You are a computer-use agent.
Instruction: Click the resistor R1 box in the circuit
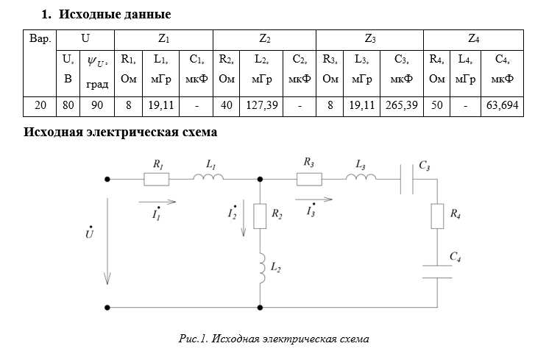point(157,178)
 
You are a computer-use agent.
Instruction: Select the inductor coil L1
point(208,177)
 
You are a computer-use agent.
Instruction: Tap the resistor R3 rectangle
point(309,178)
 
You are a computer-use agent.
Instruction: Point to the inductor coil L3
point(361,177)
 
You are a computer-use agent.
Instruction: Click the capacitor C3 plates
point(405,178)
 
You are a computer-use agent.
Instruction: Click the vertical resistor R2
point(259,216)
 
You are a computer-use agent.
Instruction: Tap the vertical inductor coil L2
point(259,269)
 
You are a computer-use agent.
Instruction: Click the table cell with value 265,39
point(400,106)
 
